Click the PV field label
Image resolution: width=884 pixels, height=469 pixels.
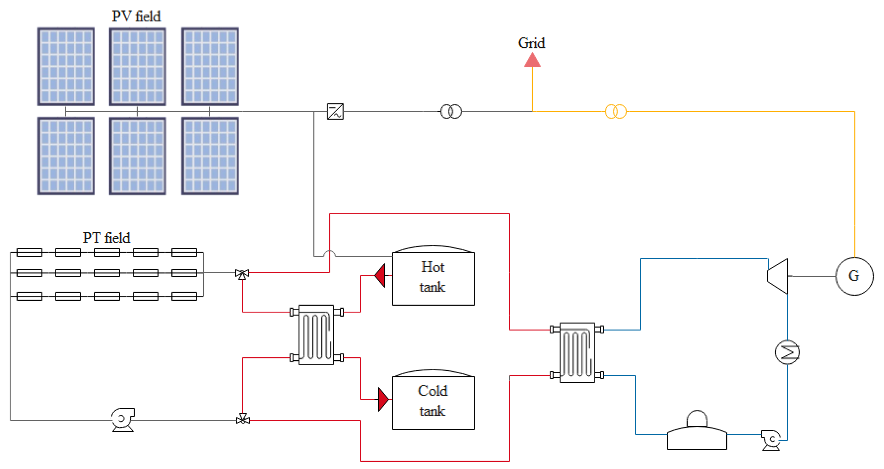pyautogui.click(x=136, y=16)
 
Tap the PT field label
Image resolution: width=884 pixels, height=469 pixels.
pyautogui.click(x=106, y=238)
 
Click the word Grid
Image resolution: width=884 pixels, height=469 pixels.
pyautogui.click(x=531, y=43)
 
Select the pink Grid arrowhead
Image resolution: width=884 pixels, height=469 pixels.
pyautogui.click(x=532, y=61)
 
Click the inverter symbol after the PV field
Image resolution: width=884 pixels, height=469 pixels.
pyautogui.click(x=335, y=111)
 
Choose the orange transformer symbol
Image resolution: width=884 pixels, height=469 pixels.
pyautogui.click(x=616, y=111)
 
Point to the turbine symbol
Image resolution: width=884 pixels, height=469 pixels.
pyautogui.click(x=778, y=276)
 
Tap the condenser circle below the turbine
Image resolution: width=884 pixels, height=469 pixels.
pyautogui.click(x=787, y=352)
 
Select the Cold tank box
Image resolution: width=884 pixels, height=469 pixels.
pyautogui.click(x=433, y=402)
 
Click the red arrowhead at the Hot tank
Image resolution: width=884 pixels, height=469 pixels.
pyautogui.click(x=380, y=275)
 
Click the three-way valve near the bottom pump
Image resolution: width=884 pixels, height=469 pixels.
pyautogui.click(x=243, y=419)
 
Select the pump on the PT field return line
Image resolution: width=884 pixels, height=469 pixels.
pyautogui.click(x=123, y=419)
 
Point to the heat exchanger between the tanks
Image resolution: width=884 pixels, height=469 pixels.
pyautogui.click(x=316, y=335)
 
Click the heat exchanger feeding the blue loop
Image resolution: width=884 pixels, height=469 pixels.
pyautogui.click(x=577, y=353)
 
